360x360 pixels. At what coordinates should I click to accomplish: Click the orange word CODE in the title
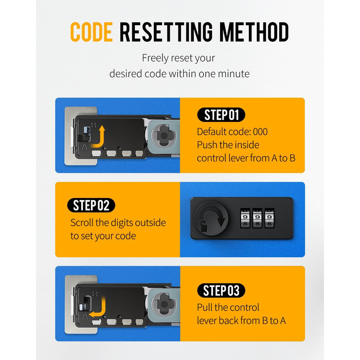point(92,32)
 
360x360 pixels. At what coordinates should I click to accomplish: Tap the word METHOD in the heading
point(254,32)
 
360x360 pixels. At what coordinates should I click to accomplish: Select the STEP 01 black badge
point(221,115)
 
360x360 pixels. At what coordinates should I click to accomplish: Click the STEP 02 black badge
point(91,205)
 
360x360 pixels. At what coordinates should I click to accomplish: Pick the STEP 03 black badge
point(221,291)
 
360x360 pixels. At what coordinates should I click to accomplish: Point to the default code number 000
point(260,132)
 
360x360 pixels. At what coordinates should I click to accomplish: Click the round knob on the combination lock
point(211,218)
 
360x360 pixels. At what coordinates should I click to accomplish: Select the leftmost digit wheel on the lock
point(245,218)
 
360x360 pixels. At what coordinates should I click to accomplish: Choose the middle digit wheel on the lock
point(257,218)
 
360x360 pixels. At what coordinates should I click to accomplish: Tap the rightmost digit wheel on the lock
point(269,218)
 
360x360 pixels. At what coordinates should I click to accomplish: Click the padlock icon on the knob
point(204,227)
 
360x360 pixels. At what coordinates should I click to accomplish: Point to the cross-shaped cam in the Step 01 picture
point(164,136)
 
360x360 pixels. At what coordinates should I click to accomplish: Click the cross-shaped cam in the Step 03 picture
point(164,304)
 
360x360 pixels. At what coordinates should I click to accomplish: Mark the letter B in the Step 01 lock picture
point(94,125)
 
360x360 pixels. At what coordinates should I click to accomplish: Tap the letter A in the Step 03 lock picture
point(85,317)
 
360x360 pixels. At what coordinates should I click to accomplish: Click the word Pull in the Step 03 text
point(205,308)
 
